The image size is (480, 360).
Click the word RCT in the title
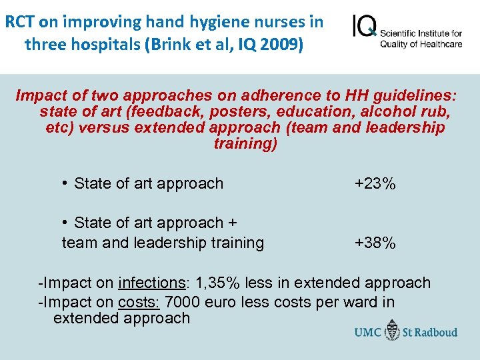coord(20,22)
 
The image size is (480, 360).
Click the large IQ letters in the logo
coord(364,27)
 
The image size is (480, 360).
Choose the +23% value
coord(375,183)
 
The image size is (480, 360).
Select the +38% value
coord(375,243)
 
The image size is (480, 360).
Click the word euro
coord(223,302)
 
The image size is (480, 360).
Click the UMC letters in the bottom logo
coord(367,331)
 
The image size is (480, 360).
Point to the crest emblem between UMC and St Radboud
coord(391,331)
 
